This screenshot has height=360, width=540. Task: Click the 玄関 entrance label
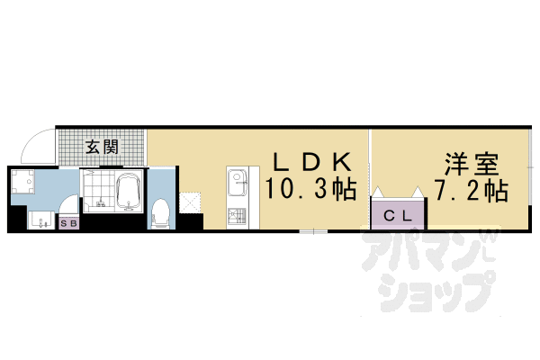(x=102, y=148)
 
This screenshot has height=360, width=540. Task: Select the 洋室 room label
(x=471, y=165)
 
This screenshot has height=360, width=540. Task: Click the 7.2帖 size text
(x=471, y=191)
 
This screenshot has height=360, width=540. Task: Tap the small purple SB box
(x=68, y=221)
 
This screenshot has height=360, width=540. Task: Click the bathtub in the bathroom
(x=130, y=191)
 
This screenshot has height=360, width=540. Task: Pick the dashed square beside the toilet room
(x=191, y=200)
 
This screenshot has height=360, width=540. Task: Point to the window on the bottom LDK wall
(x=313, y=231)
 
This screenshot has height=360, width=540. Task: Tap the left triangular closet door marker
(x=379, y=192)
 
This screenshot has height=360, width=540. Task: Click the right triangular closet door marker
(x=418, y=192)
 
